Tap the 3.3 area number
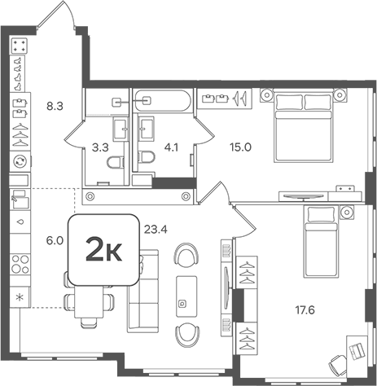point(100,147)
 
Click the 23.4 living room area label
point(156,230)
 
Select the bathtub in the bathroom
point(152,101)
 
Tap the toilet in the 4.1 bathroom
point(147,158)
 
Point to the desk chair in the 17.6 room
point(357,350)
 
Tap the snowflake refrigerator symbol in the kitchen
point(19,296)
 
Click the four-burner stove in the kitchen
point(19,265)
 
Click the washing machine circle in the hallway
point(20,161)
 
